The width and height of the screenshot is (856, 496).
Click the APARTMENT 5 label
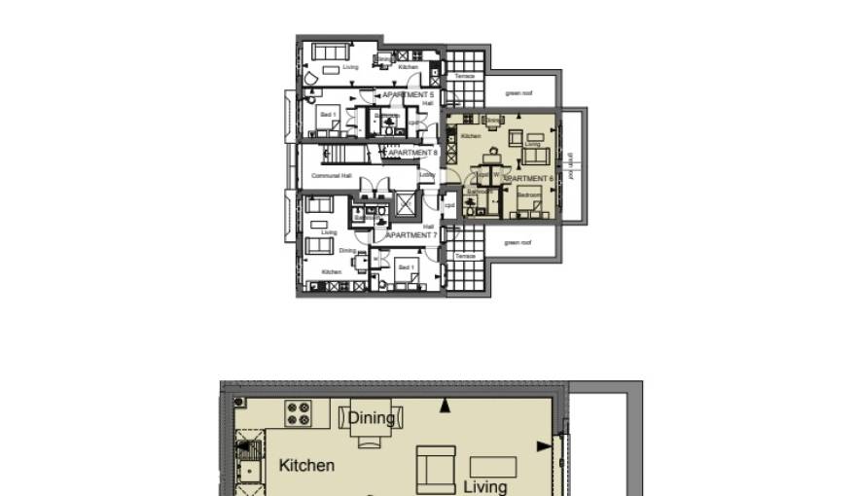(409, 95)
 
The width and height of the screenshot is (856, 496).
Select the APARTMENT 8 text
(413, 153)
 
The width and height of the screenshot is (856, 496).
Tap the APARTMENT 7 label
(412, 235)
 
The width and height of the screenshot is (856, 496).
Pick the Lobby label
(426, 175)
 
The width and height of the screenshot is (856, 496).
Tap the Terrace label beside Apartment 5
(465, 76)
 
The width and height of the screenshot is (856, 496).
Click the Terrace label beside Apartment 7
(465, 256)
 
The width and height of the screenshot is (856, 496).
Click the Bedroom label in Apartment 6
(528, 195)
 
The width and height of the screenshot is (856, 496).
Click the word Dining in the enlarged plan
(372, 418)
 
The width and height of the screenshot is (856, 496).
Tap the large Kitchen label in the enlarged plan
(306, 465)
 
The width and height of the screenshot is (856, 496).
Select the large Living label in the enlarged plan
(484, 486)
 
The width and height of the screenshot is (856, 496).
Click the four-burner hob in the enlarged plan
(298, 412)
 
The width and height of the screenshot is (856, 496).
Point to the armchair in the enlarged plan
(437, 470)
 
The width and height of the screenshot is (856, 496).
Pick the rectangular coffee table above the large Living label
(493, 466)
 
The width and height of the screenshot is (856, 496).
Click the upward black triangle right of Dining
(446, 405)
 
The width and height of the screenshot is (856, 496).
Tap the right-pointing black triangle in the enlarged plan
(544, 446)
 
